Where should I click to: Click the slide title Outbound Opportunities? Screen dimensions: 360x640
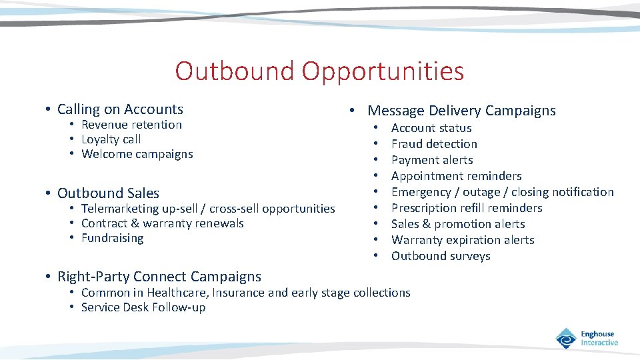tap(319, 71)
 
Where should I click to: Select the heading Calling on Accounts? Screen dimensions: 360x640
tap(120, 109)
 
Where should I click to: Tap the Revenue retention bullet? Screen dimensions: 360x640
tap(131, 125)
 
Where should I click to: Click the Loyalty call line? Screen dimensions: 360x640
tap(111, 139)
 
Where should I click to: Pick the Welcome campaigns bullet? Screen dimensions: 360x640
tap(137, 154)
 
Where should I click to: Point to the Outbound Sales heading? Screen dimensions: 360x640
tap(108, 193)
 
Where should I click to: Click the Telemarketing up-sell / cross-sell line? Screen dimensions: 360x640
tap(208, 209)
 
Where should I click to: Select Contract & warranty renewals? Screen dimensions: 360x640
tap(162, 223)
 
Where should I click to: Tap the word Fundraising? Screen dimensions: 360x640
tap(112, 238)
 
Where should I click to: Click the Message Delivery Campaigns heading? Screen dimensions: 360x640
tap(461, 111)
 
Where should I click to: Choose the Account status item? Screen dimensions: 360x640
tap(431, 128)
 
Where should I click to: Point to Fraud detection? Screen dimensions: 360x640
tap(434, 144)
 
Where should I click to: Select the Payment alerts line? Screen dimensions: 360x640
tap(432, 160)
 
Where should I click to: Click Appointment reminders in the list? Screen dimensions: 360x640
tap(456, 176)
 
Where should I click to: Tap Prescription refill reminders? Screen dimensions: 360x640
tap(467, 208)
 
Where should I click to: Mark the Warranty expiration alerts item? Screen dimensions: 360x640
tap(463, 240)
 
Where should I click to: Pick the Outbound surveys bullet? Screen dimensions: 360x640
tap(441, 256)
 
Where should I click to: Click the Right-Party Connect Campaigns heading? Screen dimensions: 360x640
tap(159, 276)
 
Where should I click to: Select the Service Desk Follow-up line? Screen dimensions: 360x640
tap(143, 307)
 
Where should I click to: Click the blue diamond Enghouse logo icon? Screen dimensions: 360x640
tap(566, 338)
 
